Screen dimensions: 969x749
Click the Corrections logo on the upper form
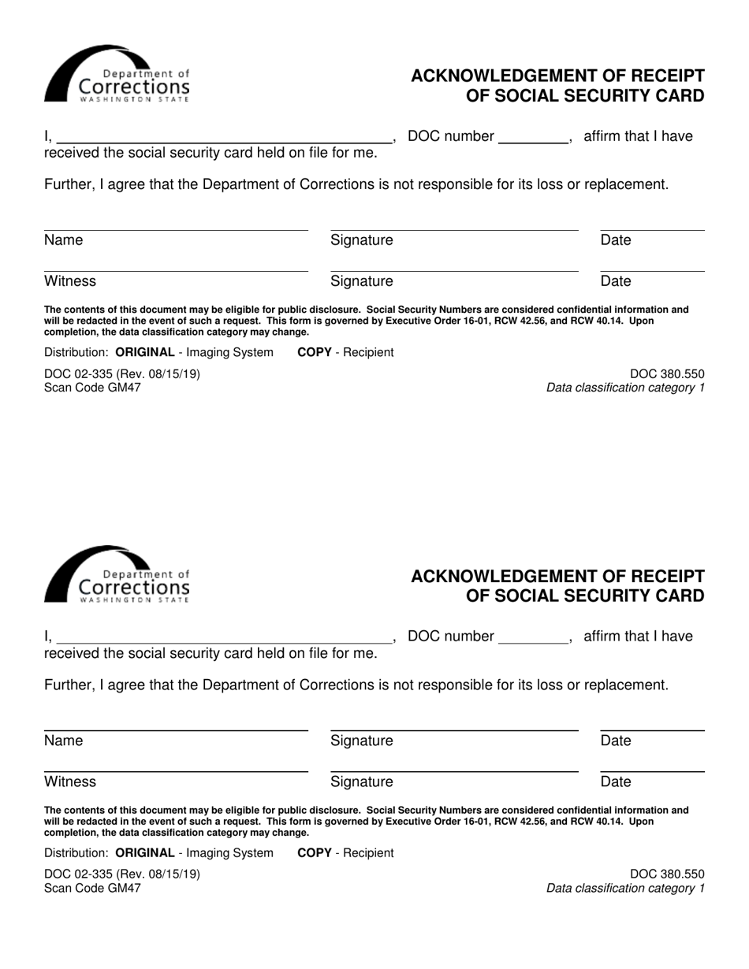(x=117, y=75)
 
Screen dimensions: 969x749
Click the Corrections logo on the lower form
(x=117, y=575)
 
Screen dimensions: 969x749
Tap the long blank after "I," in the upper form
(x=225, y=137)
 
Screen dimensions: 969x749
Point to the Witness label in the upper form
(x=70, y=281)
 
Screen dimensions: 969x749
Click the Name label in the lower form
(x=63, y=741)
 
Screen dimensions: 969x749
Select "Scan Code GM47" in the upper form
(x=92, y=388)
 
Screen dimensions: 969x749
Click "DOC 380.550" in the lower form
(x=667, y=874)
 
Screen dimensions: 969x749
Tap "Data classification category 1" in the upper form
(x=625, y=388)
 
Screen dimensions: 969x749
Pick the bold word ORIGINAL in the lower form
(x=144, y=852)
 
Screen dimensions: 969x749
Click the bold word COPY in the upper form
(x=314, y=352)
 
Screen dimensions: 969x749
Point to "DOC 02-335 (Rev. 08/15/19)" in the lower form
(x=122, y=874)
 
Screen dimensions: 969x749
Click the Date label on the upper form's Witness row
(x=616, y=281)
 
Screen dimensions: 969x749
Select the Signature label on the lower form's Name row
(x=361, y=741)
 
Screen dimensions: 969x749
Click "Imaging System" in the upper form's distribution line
(x=229, y=352)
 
